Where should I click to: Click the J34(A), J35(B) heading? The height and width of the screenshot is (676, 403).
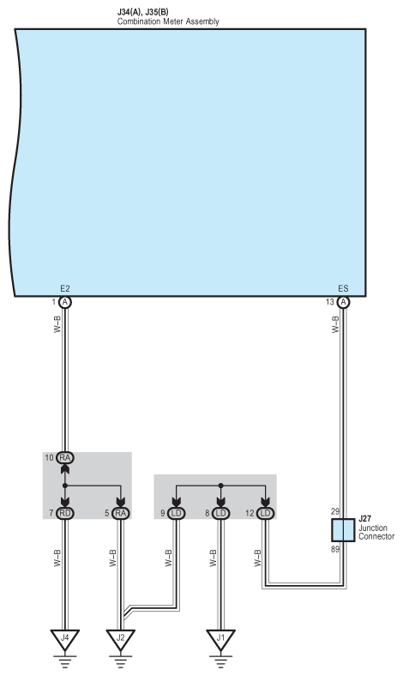coord(142,12)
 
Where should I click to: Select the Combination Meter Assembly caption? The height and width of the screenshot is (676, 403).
coord(168,21)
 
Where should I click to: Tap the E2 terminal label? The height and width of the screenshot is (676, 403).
coord(65,289)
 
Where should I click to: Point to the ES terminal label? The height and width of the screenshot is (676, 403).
coord(343,289)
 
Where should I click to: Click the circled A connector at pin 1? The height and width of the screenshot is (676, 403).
coord(65,302)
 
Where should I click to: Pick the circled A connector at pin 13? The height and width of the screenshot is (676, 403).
coord(343,302)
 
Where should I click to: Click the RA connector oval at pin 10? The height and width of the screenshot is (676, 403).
coord(65,457)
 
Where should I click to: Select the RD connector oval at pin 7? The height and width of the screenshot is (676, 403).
coord(65,513)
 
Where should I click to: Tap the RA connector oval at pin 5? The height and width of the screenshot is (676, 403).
coord(121,513)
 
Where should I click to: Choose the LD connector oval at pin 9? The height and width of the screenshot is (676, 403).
coord(177,513)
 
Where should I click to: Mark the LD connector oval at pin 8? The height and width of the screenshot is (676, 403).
coord(220,513)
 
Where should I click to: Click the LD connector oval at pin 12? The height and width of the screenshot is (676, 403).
coord(266,513)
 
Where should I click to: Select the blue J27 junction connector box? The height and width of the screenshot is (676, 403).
coord(343,530)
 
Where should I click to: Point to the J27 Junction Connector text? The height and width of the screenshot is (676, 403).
coord(376,528)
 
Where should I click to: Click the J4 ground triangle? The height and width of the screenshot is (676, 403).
coord(64,638)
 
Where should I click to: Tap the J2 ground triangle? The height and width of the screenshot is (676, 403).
coord(121,638)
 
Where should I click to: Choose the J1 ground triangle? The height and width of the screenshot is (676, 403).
coord(220,638)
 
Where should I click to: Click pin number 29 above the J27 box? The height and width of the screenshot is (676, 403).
coord(335,512)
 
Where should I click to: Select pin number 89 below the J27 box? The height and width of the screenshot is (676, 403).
coord(335,549)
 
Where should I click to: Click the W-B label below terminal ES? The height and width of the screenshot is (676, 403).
coord(336,324)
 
